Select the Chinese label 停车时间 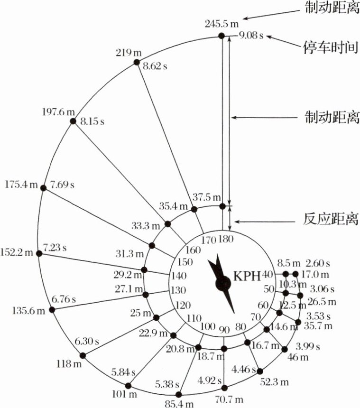click(331, 47)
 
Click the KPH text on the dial click(246, 275)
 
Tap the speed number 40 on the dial click(268, 274)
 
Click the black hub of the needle click(222, 283)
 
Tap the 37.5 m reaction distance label click(207, 197)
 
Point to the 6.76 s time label click(64, 300)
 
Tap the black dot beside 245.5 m click(221, 36)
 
